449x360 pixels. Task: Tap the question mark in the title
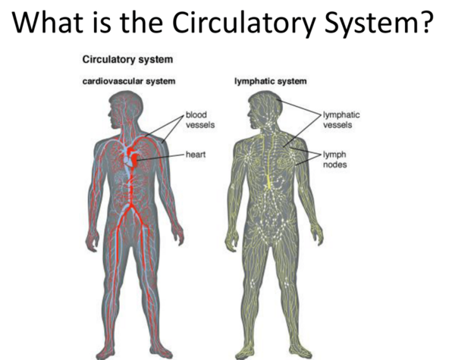424,22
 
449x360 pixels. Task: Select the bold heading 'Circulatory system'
127,60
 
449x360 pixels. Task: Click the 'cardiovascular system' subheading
129,81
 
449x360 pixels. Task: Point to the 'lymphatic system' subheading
271,82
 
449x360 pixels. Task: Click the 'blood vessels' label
200,120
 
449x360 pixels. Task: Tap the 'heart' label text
196,155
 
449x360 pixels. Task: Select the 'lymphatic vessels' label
341,120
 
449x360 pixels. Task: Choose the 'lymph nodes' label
334,159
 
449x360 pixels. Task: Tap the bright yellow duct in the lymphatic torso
269,180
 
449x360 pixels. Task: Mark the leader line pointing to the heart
162,157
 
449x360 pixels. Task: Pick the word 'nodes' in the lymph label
334,164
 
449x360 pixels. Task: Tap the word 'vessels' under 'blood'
200,125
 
